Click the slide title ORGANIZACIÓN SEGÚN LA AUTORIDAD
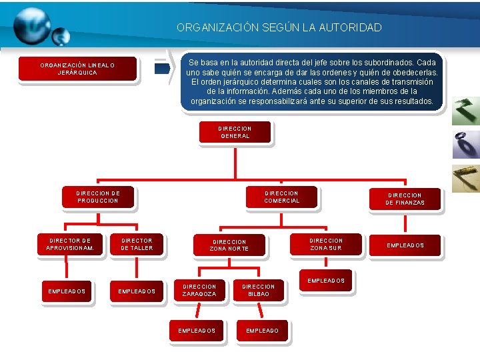click(x=279, y=28)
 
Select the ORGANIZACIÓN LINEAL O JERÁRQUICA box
click(x=77, y=69)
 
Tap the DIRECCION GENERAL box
click(x=235, y=131)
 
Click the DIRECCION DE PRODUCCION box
click(x=98, y=197)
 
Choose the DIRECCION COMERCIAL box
click(x=282, y=197)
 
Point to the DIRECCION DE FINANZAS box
click(x=405, y=199)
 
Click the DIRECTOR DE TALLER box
click(x=137, y=244)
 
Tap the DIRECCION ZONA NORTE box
click(x=229, y=245)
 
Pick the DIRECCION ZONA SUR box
click(x=326, y=244)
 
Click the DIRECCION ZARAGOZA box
click(x=199, y=290)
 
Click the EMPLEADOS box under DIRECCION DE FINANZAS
click(x=405, y=245)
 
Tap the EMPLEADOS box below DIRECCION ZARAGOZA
click(x=197, y=330)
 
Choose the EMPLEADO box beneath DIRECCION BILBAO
click(x=262, y=330)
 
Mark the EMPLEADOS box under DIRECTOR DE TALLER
click(x=137, y=291)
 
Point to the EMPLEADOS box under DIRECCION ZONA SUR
click(x=326, y=281)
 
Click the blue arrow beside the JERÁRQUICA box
click(x=162, y=69)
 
